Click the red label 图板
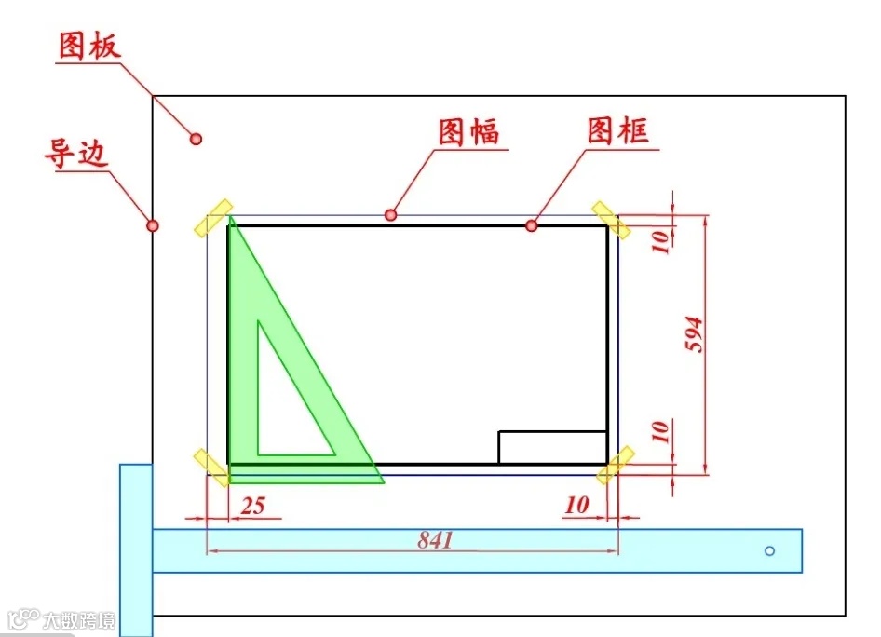(89, 46)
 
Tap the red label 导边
(75, 153)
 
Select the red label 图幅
(468, 132)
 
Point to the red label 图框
(617, 130)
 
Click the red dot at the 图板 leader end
(196, 139)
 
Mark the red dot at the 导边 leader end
(153, 225)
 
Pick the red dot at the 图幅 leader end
(390, 215)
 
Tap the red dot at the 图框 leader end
(531, 225)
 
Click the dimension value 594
(694, 335)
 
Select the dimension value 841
(435, 539)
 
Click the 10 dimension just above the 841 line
(576, 505)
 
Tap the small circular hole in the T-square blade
(769, 550)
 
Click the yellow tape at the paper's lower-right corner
(616, 466)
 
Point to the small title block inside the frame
(552, 447)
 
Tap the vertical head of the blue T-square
(136, 549)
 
